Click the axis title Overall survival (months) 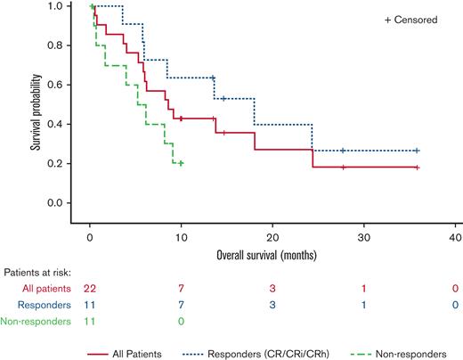coord(272,254)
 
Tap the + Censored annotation coord(410,20)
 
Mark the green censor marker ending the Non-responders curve coord(181,163)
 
